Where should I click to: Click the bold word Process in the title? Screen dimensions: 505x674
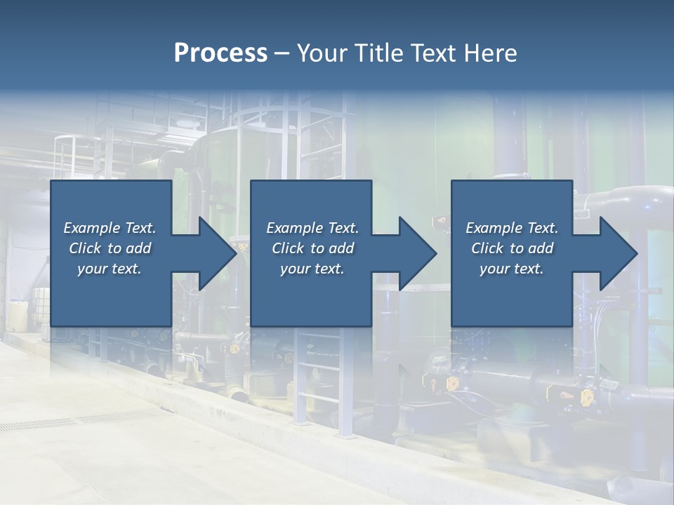(220, 53)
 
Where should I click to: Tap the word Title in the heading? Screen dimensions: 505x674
(376, 53)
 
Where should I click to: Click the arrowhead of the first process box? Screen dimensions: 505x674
(215, 253)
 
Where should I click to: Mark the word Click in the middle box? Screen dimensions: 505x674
(287, 248)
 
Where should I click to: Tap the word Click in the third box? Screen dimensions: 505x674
(487, 248)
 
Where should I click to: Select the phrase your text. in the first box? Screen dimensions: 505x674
(110, 269)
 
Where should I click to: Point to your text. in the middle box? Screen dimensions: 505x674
(312, 269)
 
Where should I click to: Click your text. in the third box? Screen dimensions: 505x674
(512, 269)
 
